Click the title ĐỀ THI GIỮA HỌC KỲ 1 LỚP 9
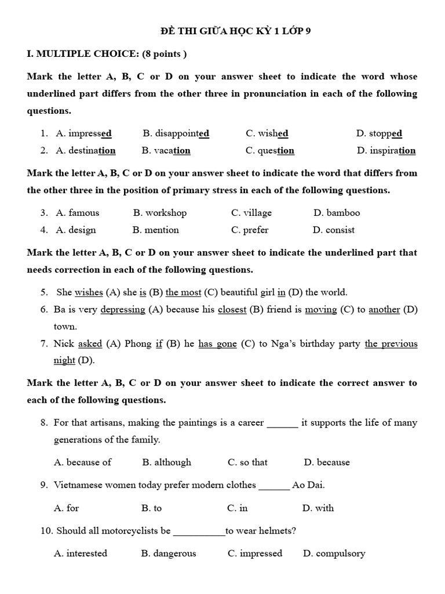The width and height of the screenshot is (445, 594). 227,32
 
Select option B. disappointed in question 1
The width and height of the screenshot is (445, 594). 176,133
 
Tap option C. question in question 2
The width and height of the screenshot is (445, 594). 269,151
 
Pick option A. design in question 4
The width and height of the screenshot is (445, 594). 76,230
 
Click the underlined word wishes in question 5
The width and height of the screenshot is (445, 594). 89,292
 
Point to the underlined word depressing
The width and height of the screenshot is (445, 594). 123,310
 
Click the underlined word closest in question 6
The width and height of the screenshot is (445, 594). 232,310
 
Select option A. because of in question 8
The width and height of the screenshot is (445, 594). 82,462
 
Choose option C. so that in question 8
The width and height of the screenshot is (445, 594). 247,462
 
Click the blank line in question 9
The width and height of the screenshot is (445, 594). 274,486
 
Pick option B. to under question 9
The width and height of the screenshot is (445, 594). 151,508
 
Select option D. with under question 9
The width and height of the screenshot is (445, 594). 318,508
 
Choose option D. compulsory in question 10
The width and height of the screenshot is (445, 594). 334,553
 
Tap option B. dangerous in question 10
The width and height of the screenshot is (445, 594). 169,553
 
